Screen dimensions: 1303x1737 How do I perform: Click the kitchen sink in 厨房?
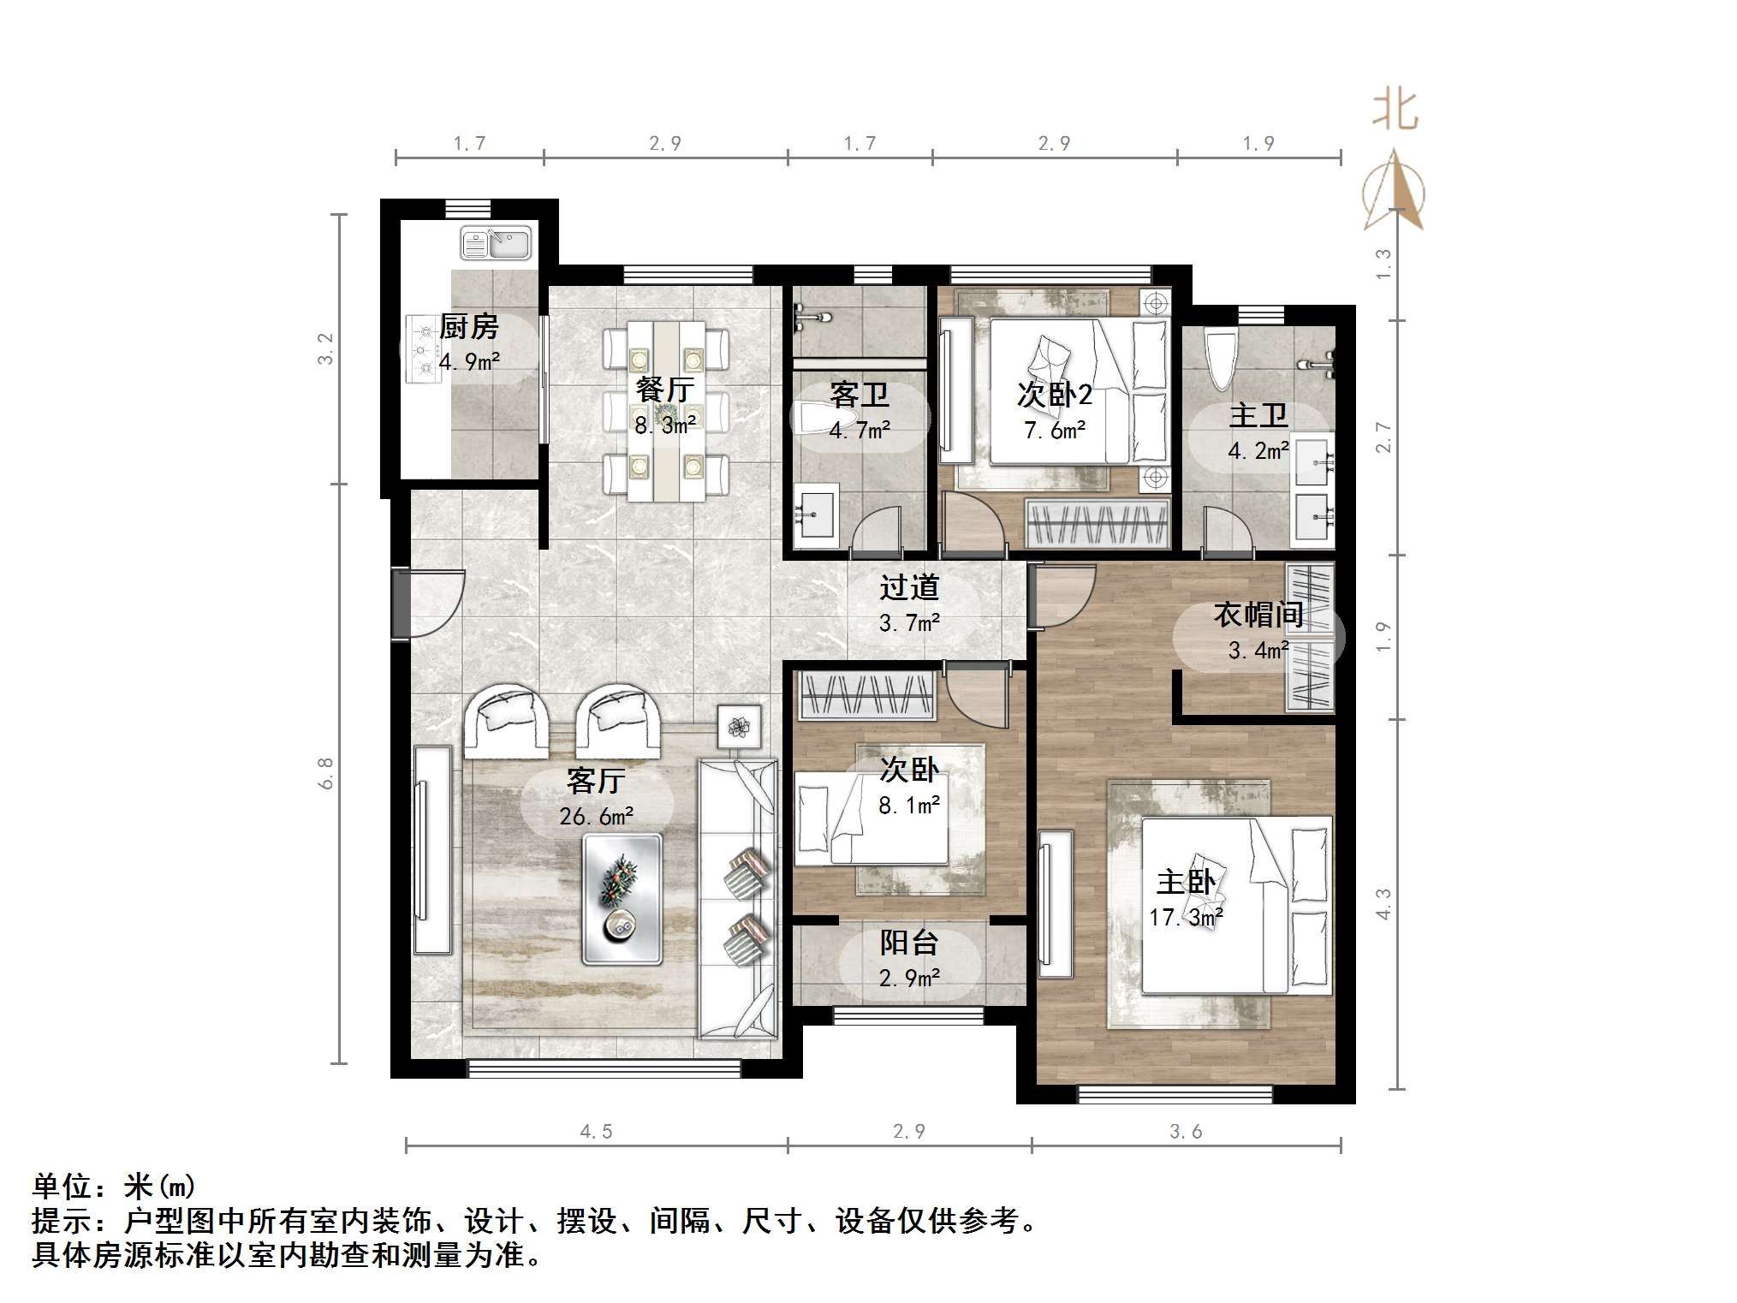(x=496, y=243)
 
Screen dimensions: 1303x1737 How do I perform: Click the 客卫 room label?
(x=859, y=395)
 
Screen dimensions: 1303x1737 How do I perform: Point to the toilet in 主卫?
(x=1219, y=360)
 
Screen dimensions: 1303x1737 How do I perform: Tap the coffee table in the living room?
(x=622, y=900)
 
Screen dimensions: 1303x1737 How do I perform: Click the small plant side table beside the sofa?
(x=739, y=728)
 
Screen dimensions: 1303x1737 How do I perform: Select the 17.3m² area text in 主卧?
(x=1186, y=918)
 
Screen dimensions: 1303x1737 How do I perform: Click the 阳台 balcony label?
(x=908, y=943)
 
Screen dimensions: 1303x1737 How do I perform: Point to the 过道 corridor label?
(x=908, y=587)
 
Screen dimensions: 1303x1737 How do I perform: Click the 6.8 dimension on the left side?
(x=326, y=773)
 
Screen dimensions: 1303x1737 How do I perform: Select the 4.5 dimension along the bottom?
(x=596, y=1132)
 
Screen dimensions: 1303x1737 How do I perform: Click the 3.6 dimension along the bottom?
(x=1186, y=1132)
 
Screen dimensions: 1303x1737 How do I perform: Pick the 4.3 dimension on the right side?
(x=1383, y=904)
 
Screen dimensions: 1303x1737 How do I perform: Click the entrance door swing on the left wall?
(x=432, y=604)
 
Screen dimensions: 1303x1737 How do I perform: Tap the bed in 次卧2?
(x=1079, y=391)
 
